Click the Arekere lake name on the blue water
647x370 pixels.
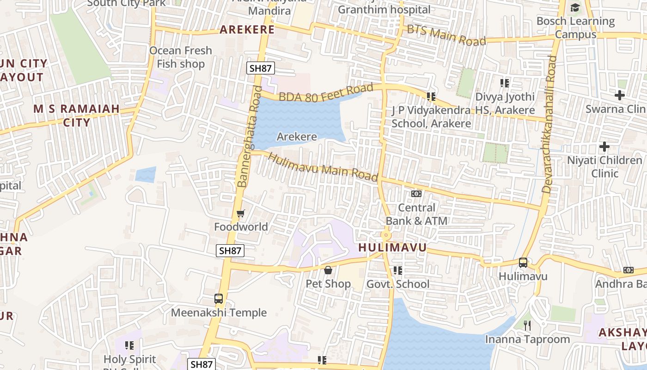(297, 136)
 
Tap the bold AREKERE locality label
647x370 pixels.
(247, 30)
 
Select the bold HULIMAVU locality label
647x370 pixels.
(392, 247)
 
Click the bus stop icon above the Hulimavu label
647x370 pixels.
(523, 263)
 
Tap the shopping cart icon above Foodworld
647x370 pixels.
(240, 213)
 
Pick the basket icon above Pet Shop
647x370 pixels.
(328, 270)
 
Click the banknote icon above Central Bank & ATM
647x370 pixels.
(416, 194)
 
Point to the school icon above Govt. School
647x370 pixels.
(397, 270)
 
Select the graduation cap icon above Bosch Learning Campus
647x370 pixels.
(575, 7)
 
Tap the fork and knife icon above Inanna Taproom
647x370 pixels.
(527, 326)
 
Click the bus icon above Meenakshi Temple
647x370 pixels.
(219, 299)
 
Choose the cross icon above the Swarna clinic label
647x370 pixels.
(619, 95)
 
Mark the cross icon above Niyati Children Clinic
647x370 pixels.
(604, 147)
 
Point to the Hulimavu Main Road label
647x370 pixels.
(323, 167)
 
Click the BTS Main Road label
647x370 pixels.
(446, 35)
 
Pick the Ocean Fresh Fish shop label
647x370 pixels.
(181, 57)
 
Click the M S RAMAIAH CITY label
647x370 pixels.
(77, 116)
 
